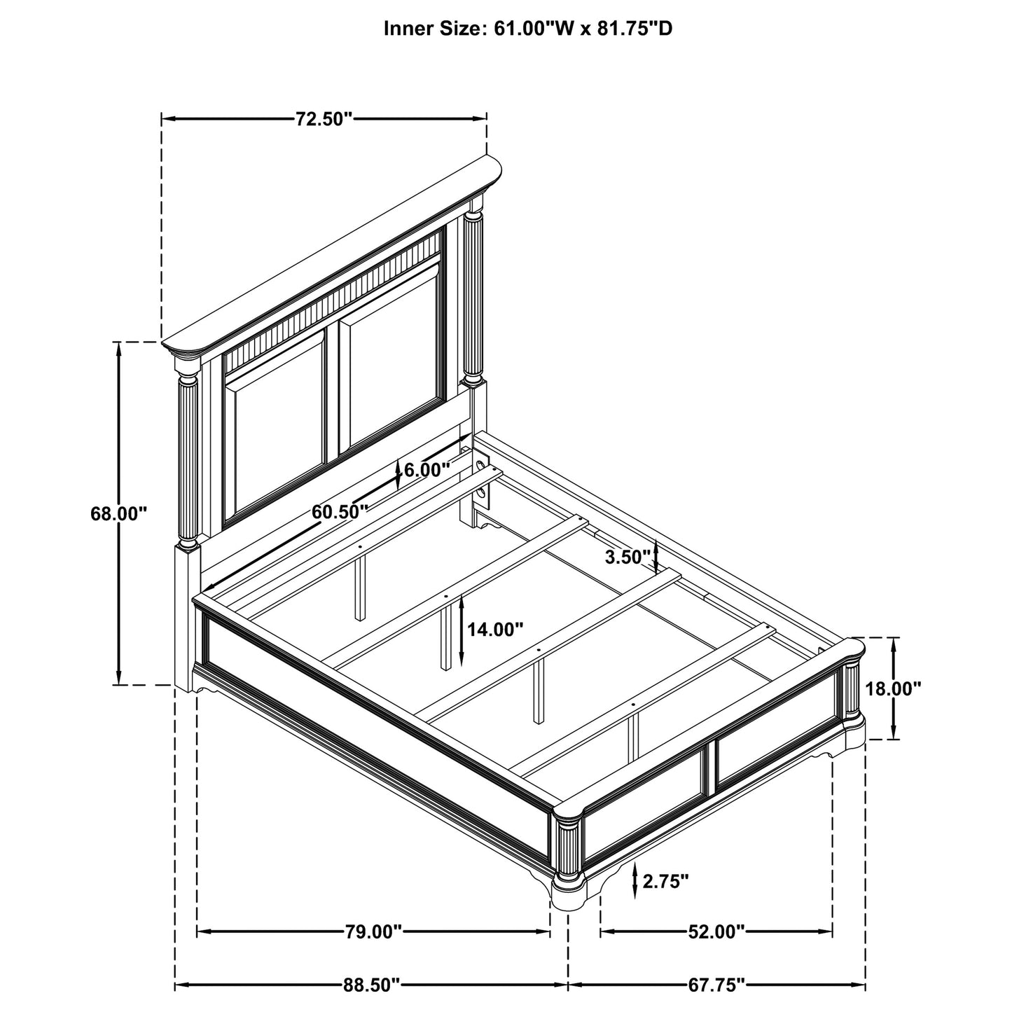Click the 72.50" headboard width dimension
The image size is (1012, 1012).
(x=322, y=119)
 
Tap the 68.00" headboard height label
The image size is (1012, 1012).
(x=118, y=513)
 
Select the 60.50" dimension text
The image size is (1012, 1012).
(x=340, y=511)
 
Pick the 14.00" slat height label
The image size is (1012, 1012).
(x=495, y=629)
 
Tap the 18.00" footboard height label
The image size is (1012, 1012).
(x=894, y=688)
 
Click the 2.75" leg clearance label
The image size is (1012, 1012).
(x=665, y=881)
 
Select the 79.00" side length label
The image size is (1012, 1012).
(x=373, y=932)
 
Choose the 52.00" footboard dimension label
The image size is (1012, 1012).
(x=716, y=932)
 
